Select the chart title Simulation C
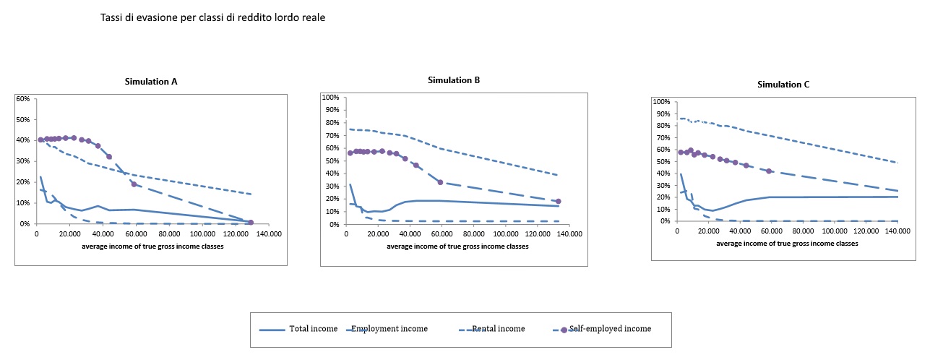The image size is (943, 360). click(x=783, y=85)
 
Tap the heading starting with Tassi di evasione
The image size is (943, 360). click(x=213, y=17)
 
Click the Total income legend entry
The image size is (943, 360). click(x=313, y=329)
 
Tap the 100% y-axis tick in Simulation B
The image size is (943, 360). click(x=330, y=97)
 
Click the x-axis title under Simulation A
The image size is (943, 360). click(x=152, y=246)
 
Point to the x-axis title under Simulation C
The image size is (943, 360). click(x=787, y=243)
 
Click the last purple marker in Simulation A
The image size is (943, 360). click(x=251, y=223)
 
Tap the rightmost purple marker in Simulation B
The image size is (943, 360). click(x=558, y=201)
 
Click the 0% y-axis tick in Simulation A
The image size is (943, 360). click(x=24, y=224)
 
